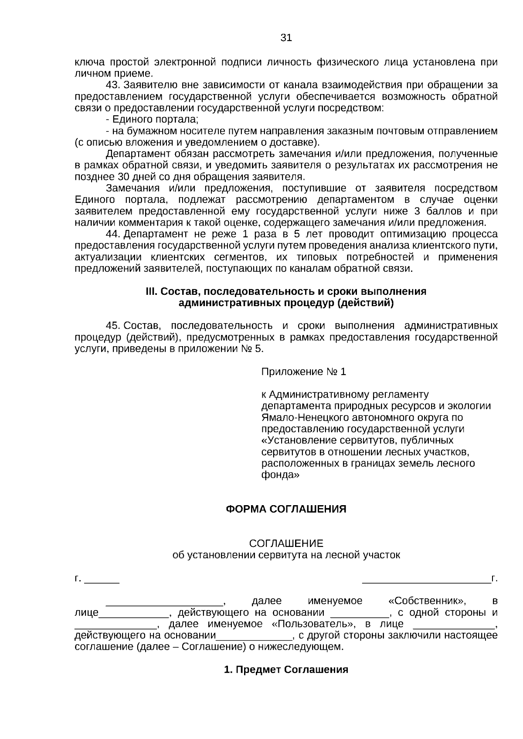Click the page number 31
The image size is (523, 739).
click(x=286, y=37)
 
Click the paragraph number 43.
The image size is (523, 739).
click(x=112, y=85)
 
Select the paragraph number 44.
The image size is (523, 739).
click(x=112, y=234)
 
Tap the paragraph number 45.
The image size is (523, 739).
click(x=112, y=326)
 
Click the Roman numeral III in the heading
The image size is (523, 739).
click(x=151, y=291)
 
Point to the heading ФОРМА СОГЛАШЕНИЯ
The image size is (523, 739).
click(x=286, y=509)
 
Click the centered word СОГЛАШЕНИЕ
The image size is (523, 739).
click(x=286, y=543)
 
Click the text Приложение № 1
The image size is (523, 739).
click(x=303, y=372)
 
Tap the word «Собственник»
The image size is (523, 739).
click(x=427, y=601)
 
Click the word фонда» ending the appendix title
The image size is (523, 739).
click(x=280, y=475)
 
